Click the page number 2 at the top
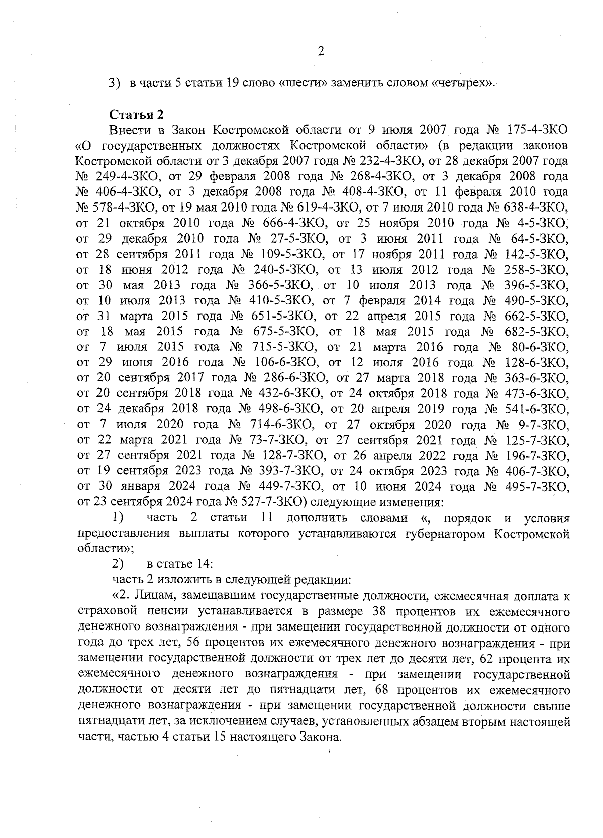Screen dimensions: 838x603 coord(321,51)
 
